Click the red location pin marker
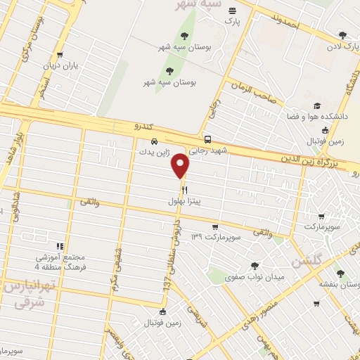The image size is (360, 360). [181, 165]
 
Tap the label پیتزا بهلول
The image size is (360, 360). [186, 201]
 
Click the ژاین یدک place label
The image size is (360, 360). [155, 152]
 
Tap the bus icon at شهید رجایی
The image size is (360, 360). [207, 139]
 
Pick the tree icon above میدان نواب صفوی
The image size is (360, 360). [254, 265]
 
